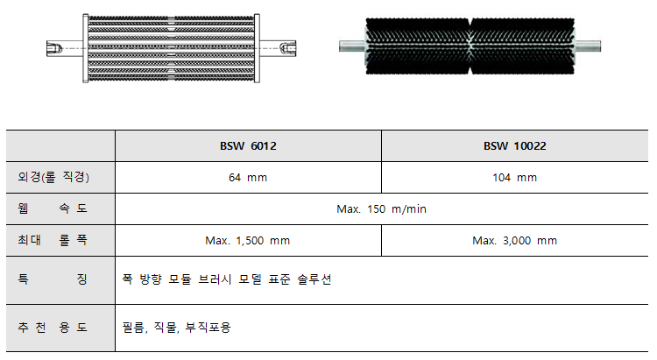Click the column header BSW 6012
click(248, 146)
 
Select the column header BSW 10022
click(514, 146)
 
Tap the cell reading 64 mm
click(248, 178)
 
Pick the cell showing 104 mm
click(514, 178)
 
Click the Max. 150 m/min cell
click(381, 208)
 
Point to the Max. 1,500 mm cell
click(248, 240)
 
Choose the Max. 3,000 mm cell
click(514, 240)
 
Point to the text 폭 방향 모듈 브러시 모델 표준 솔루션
click(228, 279)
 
